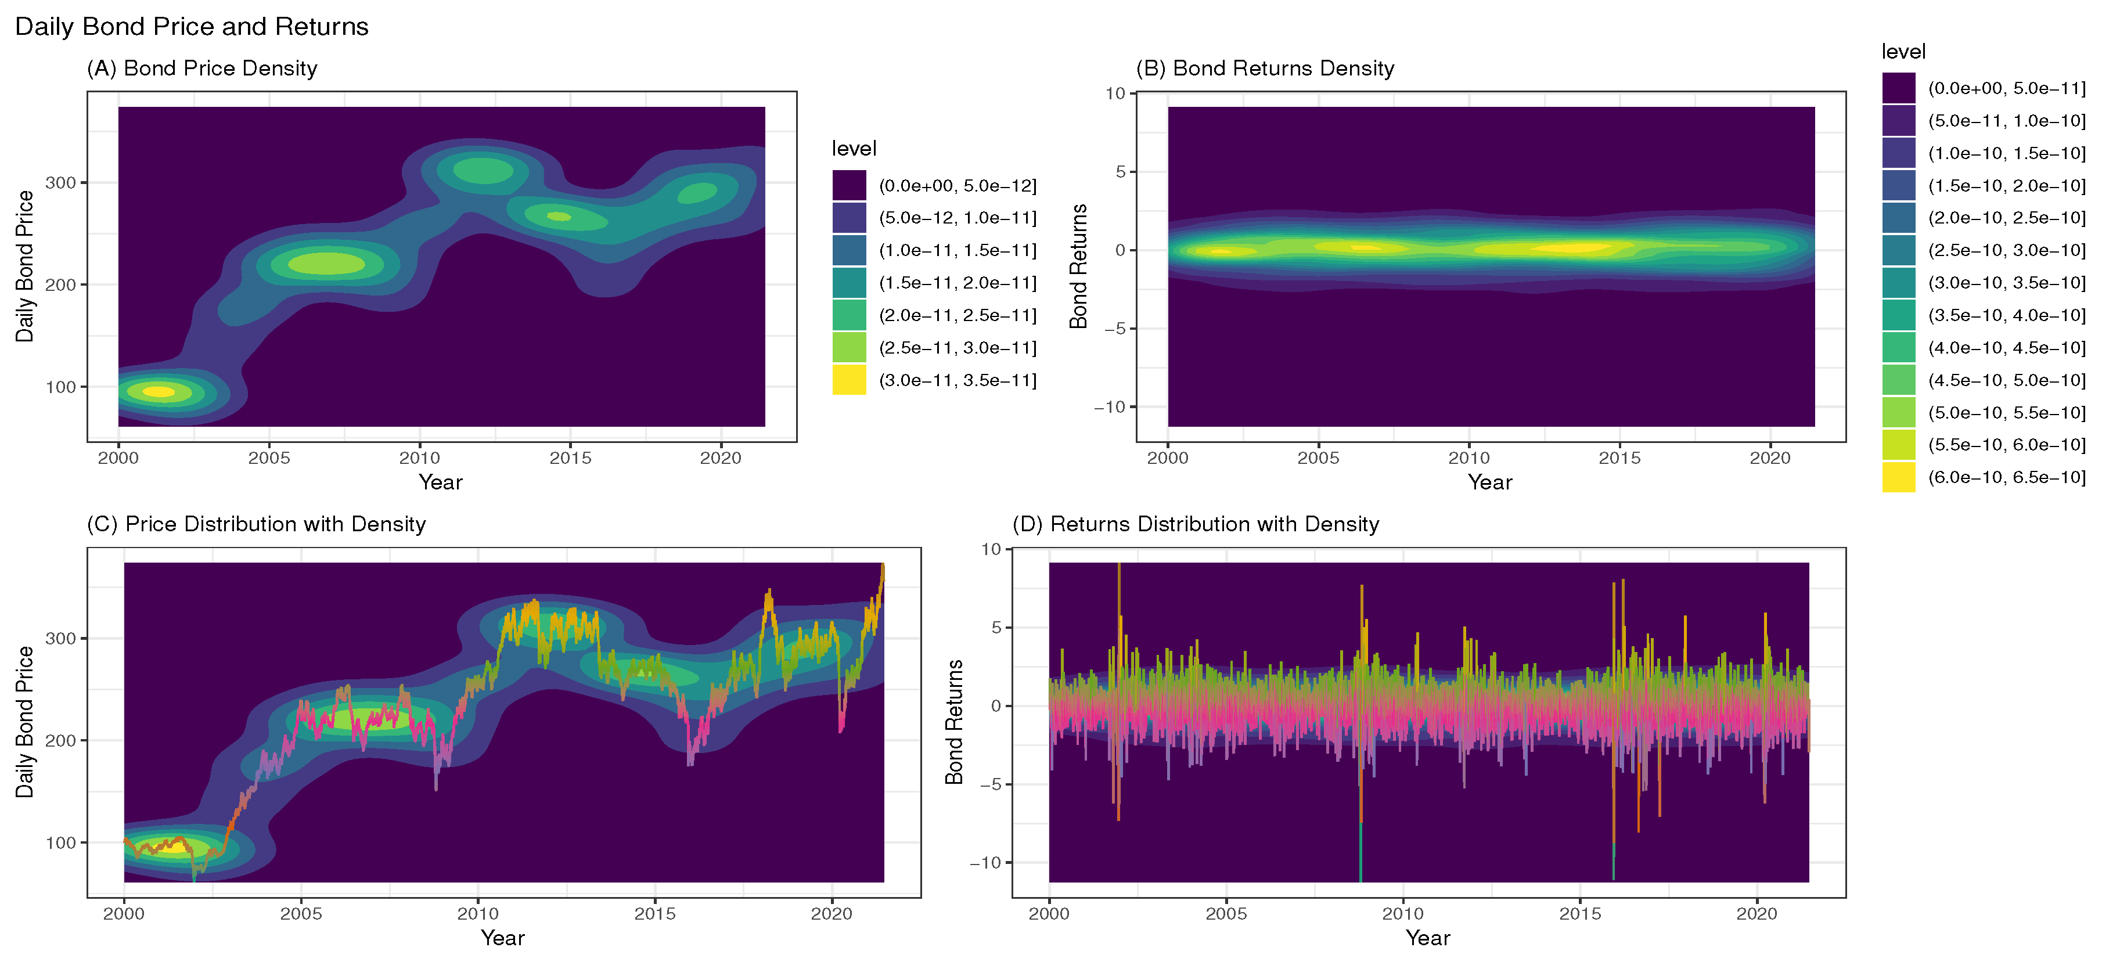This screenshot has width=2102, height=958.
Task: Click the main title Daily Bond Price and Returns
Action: click(192, 26)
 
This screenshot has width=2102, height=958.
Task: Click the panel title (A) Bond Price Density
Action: click(201, 69)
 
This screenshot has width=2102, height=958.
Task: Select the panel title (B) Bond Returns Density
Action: click(1265, 69)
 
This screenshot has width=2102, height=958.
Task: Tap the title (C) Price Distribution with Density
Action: click(256, 524)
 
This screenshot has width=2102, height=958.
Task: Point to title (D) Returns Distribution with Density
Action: click(1196, 524)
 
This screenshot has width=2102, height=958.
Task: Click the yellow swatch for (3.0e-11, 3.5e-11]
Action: click(848, 380)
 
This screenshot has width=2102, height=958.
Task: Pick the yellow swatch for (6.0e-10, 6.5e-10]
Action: click(1898, 477)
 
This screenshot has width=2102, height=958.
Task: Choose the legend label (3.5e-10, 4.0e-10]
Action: click(2006, 316)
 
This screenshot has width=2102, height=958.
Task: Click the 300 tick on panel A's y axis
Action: click(60, 183)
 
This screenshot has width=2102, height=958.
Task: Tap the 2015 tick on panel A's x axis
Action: click(570, 458)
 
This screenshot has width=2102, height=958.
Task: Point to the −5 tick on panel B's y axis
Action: click(1115, 329)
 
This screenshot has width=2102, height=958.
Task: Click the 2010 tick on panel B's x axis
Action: click(1469, 458)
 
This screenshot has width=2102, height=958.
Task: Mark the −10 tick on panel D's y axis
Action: click(984, 863)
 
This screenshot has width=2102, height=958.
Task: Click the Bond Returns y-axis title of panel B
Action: click(1079, 266)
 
